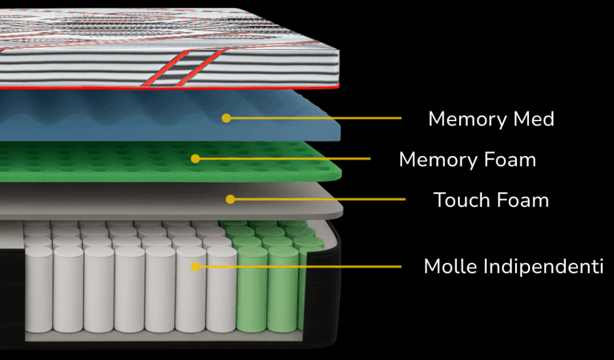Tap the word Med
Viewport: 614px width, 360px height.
click(x=534, y=119)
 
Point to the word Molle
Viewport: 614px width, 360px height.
click(x=445, y=266)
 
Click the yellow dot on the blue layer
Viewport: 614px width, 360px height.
click(x=226, y=118)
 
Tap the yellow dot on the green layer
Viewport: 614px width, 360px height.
click(x=195, y=158)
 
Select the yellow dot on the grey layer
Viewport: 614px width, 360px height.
click(x=230, y=199)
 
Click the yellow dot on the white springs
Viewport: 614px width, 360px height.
click(x=194, y=266)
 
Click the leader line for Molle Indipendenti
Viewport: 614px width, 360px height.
click(x=300, y=266)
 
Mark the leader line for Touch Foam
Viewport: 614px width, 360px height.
click(x=318, y=199)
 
